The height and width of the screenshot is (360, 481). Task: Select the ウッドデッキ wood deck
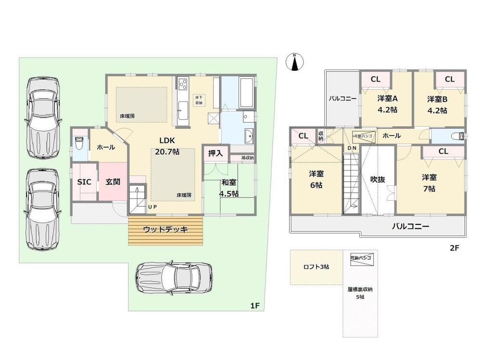[165, 230]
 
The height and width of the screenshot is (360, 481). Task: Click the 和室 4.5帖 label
[229, 188]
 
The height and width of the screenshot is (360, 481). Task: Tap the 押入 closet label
[215, 153]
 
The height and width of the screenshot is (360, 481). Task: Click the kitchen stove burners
[183, 85]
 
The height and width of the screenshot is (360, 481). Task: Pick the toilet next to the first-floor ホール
[80, 144]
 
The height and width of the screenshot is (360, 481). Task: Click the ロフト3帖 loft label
[316, 266]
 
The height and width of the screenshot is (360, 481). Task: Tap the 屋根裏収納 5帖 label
[360, 293]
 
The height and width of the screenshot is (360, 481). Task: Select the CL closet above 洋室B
[450, 79]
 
